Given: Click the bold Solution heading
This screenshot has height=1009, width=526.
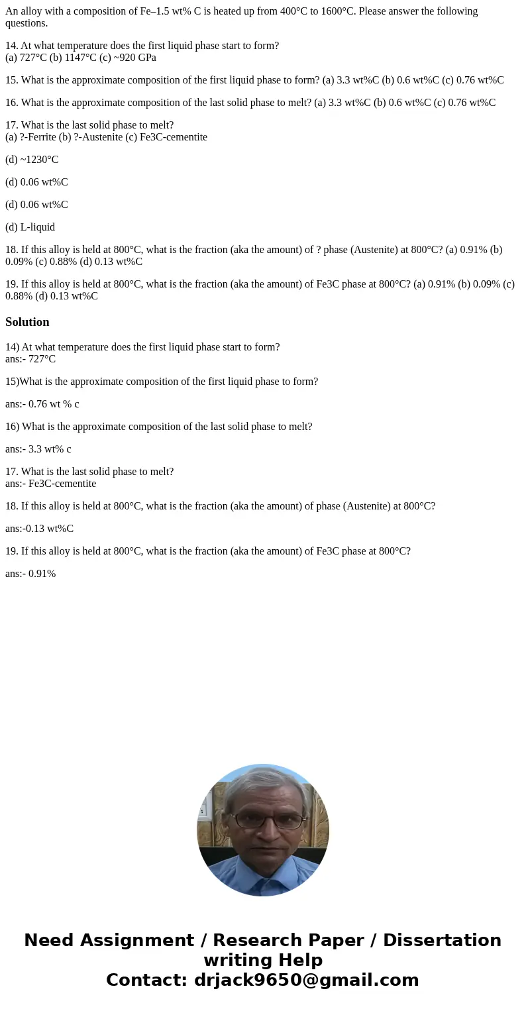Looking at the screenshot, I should coord(27,322).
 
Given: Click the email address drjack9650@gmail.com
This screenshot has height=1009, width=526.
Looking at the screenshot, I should coord(306,980).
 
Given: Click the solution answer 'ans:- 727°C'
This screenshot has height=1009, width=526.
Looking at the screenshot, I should coord(30,359).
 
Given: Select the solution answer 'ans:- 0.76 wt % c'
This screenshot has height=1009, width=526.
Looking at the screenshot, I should coord(42,404).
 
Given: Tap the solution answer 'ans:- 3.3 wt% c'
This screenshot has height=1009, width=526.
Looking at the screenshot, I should coord(38,449).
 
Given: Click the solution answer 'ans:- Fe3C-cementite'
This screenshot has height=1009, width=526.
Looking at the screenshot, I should coord(50,484).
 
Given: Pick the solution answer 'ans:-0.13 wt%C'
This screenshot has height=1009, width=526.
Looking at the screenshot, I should coord(39,529).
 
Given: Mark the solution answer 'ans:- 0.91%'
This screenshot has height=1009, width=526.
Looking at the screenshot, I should coord(30,574).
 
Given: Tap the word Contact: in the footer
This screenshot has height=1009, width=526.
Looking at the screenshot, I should coord(147,980).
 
